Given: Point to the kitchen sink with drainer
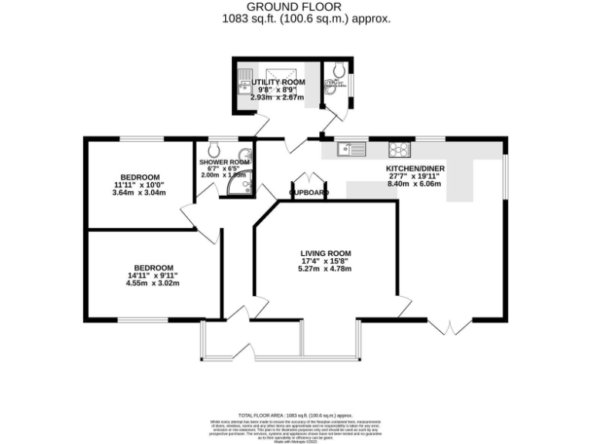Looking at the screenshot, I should click(354, 148).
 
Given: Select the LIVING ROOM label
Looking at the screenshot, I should click(326, 253).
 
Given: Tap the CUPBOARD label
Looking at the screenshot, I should click(309, 193).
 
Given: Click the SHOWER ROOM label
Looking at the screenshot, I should click(224, 163).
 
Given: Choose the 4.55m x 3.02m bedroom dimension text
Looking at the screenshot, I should click(152, 283).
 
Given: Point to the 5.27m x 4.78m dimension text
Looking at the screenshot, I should click(326, 269).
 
